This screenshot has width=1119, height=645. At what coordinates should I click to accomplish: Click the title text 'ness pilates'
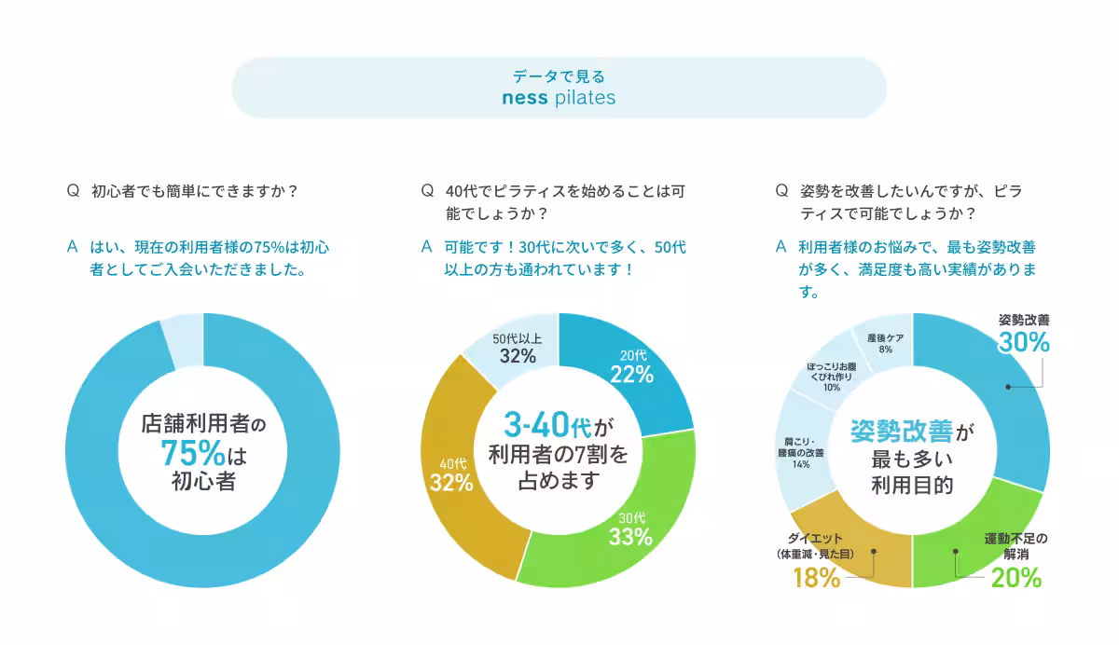(559, 98)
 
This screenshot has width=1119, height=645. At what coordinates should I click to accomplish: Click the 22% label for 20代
(631, 374)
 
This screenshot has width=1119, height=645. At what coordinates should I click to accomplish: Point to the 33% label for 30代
(630, 537)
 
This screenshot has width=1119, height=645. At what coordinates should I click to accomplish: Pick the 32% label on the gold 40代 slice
(451, 483)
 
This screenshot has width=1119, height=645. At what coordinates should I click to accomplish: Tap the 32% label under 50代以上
(517, 356)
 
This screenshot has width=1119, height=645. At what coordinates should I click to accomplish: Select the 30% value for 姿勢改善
(1024, 343)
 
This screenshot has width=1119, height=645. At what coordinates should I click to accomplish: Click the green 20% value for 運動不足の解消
(1015, 578)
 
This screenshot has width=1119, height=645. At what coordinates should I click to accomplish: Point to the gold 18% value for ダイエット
(816, 578)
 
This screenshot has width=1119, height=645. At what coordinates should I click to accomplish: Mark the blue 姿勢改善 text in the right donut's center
(901, 431)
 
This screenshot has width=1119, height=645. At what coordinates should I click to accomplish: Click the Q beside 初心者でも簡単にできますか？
(72, 191)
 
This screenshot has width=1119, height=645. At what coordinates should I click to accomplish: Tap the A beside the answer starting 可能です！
(427, 248)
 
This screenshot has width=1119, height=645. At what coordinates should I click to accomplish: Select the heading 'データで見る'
(559, 76)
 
